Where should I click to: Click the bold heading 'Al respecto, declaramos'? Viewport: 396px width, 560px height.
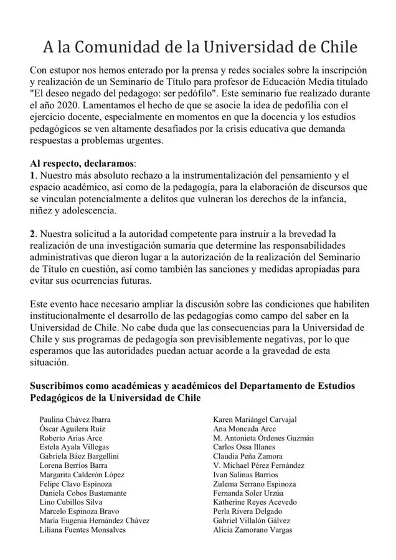(82, 163)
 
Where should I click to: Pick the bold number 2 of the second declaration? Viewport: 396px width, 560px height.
(33, 233)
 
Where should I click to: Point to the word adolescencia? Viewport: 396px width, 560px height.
(88, 210)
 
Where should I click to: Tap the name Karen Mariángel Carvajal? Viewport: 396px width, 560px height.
(255, 419)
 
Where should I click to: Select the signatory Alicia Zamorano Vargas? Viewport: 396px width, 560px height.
(252, 530)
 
